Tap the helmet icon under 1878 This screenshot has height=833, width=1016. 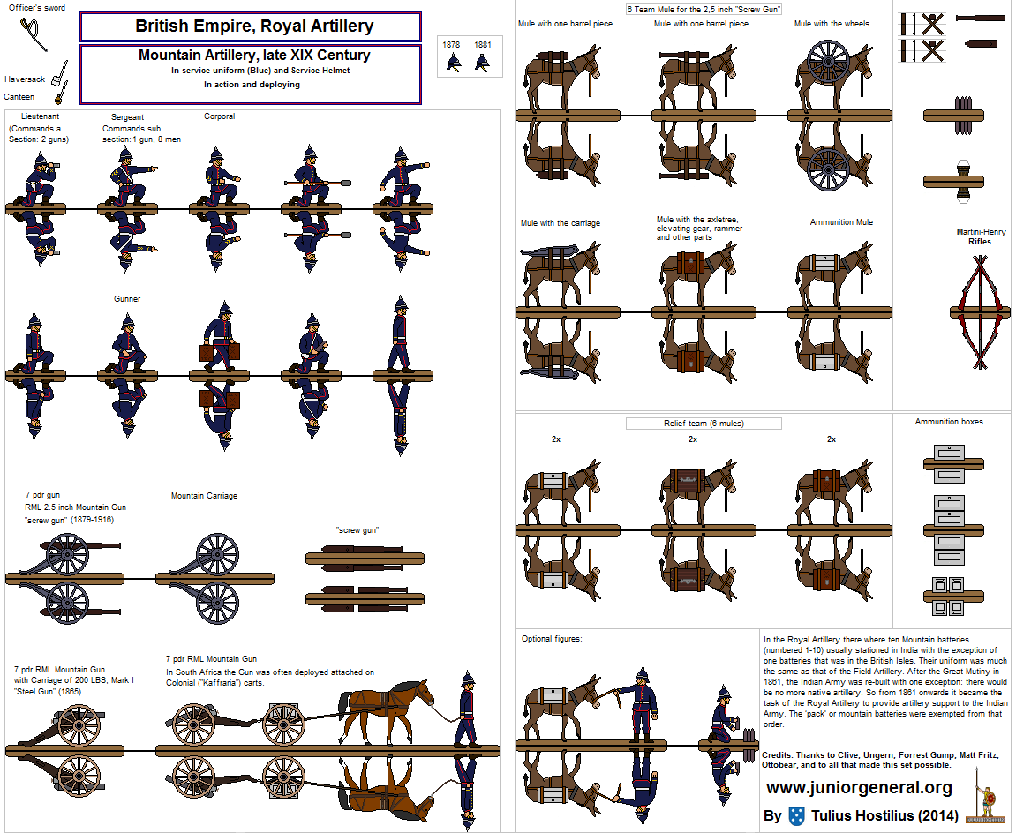pyautogui.click(x=453, y=62)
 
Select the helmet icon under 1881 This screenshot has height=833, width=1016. pyautogui.click(x=482, y=62)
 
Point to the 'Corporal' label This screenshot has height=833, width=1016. pyautogui.click(x=219, y=116)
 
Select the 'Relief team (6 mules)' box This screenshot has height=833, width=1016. pyautogui.click(x=704, y=424)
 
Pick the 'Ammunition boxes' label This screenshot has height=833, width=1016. pyautogui.click(x=949, y=422)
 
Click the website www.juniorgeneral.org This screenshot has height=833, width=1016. pyautogui.click(x=859, y=788)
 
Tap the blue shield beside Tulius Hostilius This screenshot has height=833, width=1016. pyautogui.click(x=797, y=815)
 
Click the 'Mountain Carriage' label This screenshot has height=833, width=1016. pyautogui.click(x=204, y=496)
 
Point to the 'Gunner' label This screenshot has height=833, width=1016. pyautogui.click(x=127, y=299)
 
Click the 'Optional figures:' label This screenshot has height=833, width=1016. pyautogui.click(x=552, y=639)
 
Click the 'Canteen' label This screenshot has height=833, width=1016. pyautogui.click(x=19, y=97)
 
